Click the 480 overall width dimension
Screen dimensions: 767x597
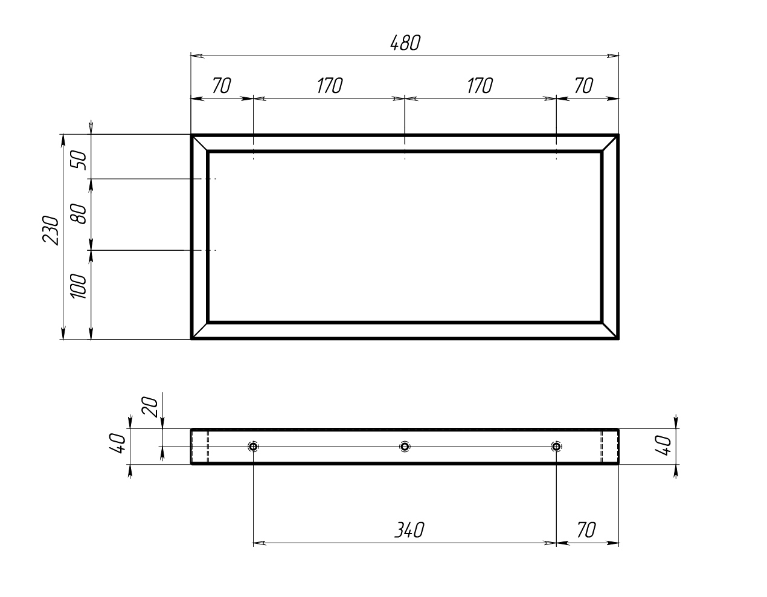point(405,43)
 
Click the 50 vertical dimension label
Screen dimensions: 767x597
point(79,160)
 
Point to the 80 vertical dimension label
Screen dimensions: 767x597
point(79,214)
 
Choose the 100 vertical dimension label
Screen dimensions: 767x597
point(79,286)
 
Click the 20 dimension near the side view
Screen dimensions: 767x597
point(150,407)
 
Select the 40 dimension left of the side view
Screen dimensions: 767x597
point(118,444)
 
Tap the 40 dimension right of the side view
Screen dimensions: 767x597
point(663,445)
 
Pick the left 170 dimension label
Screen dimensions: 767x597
point(330,86)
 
